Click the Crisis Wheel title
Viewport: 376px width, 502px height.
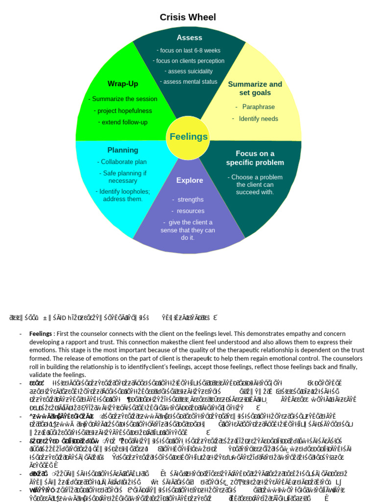point(188,18)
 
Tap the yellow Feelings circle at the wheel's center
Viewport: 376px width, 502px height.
point(188,137)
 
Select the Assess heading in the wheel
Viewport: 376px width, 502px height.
point(189,38)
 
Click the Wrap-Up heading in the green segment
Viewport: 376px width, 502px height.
point(123,84)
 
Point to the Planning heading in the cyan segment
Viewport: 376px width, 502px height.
point(123,150)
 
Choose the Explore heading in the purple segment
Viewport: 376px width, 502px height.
point(189,180)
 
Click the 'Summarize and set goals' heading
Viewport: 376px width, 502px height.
point(255,88)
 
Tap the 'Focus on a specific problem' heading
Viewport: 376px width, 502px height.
point(255,158)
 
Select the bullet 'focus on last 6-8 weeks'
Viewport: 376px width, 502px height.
point(189,50)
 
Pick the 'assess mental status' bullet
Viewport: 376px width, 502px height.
point(189,82)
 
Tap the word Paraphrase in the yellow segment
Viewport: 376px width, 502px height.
point(258,107)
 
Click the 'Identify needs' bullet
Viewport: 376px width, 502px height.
point(258,119)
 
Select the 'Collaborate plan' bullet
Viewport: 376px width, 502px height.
point(122,162)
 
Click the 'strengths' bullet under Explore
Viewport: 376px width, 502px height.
point(190,200)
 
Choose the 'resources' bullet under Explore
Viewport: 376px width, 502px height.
point(190,211)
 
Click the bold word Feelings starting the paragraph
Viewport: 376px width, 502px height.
point(41,334)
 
